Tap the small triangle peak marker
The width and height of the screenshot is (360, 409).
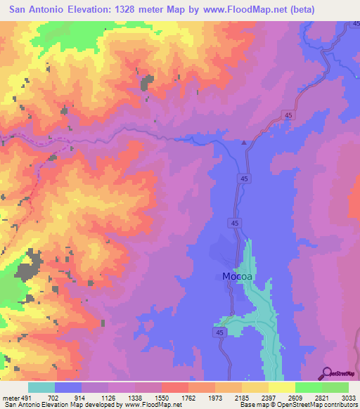pyautogui.click(x=244, y=143)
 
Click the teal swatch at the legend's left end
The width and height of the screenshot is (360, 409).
pyautogui.click(x=41, y=387)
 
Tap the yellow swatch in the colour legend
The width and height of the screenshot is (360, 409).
pyautogui.click(x=281, y=387)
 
